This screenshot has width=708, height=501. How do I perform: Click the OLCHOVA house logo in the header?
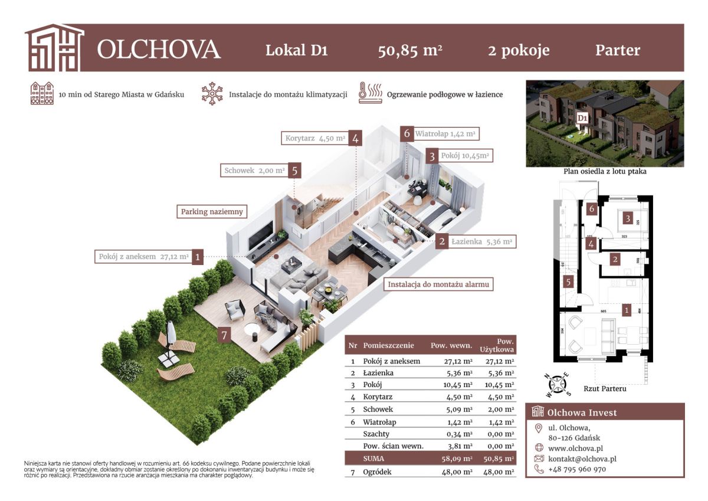click(54, 48)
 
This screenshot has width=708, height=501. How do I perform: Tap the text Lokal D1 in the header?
click(296, 50)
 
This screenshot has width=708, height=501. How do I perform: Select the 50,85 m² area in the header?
click(410, 50)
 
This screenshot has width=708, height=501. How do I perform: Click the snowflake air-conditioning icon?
click(211, 94)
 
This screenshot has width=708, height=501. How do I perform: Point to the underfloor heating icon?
click(369, 94)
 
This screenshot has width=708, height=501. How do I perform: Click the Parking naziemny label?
click(212, 211)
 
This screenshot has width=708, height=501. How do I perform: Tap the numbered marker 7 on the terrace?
click(223, 335)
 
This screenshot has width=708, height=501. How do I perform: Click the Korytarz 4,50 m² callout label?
click(315, 139)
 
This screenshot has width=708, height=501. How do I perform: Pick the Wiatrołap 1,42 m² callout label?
click(445, 134)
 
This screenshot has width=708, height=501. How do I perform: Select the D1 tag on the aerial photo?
click(582, 118)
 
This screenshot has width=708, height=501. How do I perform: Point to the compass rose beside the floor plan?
click(556, 384)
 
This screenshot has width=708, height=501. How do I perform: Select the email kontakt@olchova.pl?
click(582, 459)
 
